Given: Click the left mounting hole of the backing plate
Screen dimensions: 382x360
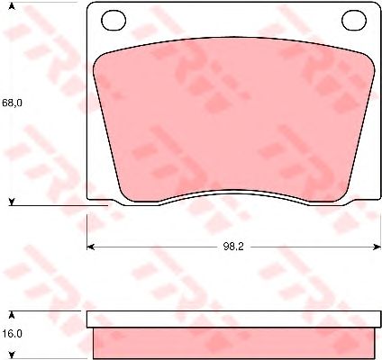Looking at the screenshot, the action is click(114, 20).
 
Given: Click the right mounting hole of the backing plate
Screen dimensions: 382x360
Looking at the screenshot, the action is click(354, 20).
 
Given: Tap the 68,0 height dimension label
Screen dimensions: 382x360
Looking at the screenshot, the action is click(12, 103).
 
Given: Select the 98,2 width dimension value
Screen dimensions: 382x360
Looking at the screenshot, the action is click(233, 247).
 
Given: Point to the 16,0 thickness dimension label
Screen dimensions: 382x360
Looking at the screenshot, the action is click(12, 334).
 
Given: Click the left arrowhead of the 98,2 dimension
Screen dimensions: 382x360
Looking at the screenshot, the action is click(90, 247).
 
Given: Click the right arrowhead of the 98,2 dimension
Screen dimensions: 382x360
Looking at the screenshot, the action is click(377, 247).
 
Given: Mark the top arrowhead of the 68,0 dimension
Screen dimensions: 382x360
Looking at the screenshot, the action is click(12, 5).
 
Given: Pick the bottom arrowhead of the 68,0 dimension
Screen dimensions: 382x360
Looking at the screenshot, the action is click(12, 202).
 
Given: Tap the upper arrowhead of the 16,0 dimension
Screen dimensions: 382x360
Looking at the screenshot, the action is click(12, 315).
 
